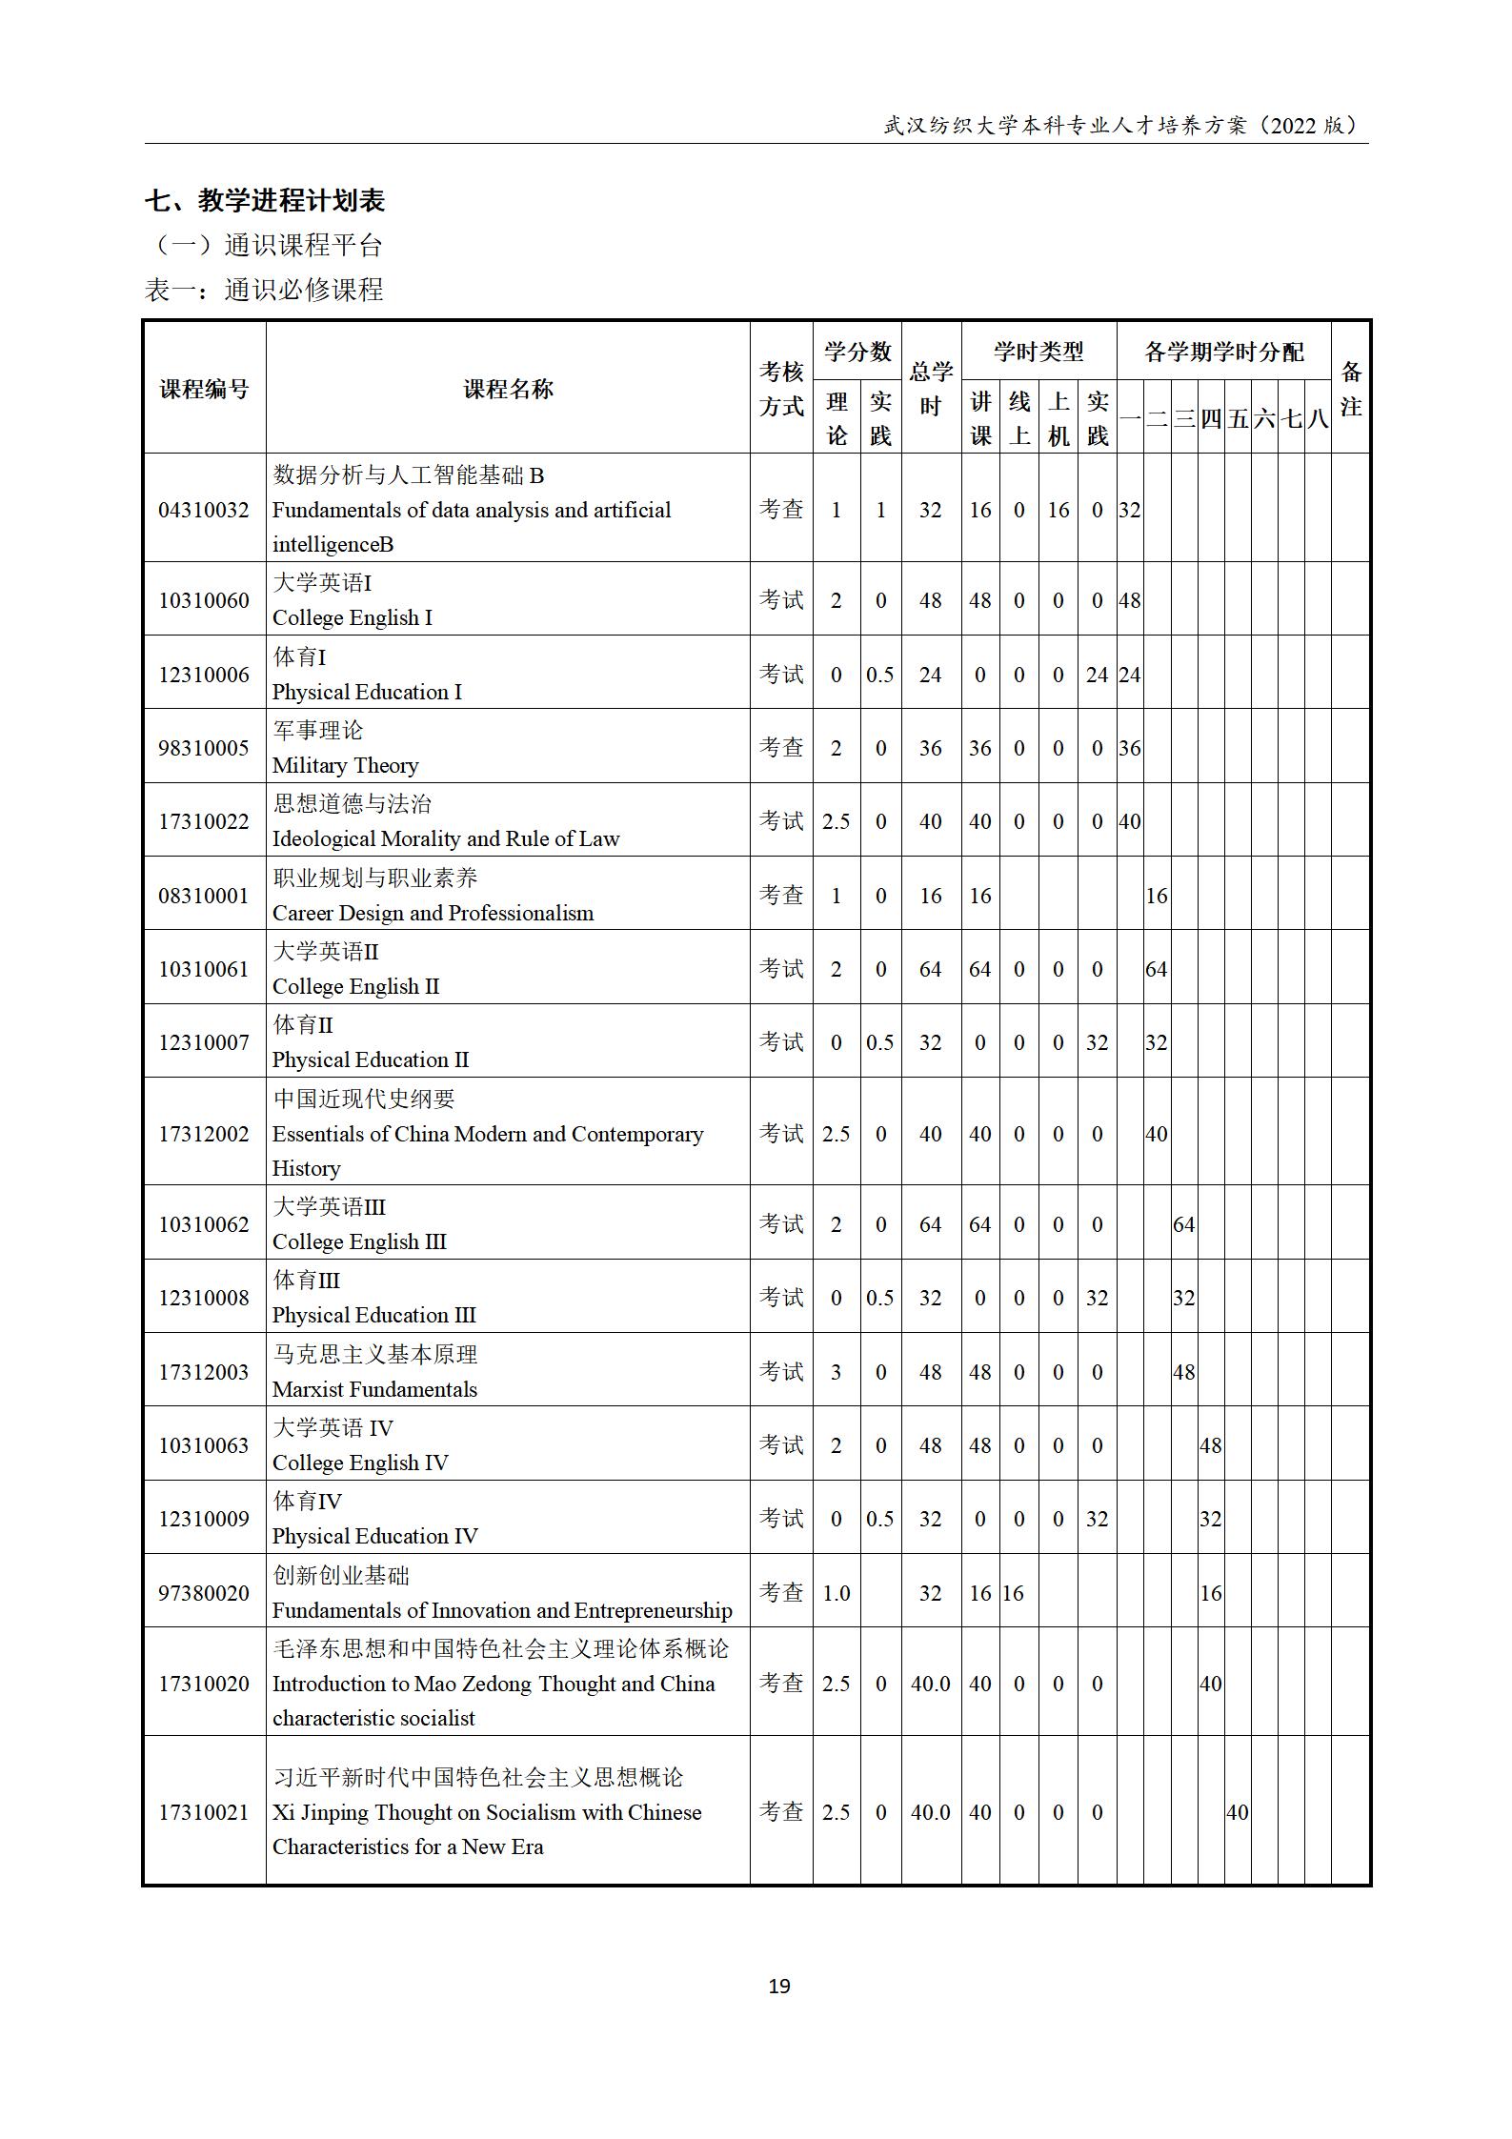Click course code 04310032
204,510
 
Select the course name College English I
352,617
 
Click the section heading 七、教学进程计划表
265,201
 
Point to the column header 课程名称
508,389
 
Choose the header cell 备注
1350,389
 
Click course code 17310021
204,1811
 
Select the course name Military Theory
345,765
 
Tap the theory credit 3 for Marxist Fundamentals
836,1371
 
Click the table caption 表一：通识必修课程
264,290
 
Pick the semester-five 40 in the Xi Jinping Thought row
1237,1811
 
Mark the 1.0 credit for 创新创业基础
836,1592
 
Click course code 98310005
204,748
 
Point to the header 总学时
930,389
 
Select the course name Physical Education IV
374,1535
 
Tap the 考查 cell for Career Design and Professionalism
781,895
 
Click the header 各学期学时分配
1223,353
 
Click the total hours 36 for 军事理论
930,748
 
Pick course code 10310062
204,1223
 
